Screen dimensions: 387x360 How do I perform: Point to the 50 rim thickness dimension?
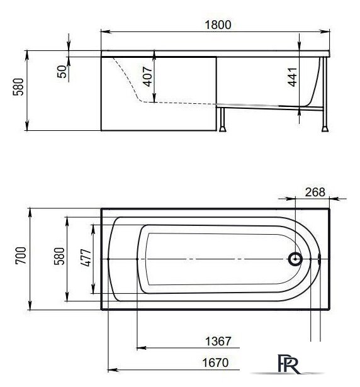pyautogui.click(x=62, y=70)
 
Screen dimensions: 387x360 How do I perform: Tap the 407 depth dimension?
pyautogui.click(x=146, y=77)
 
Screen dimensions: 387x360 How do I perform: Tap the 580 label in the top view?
pyautogui.click(x=60, y=257)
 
